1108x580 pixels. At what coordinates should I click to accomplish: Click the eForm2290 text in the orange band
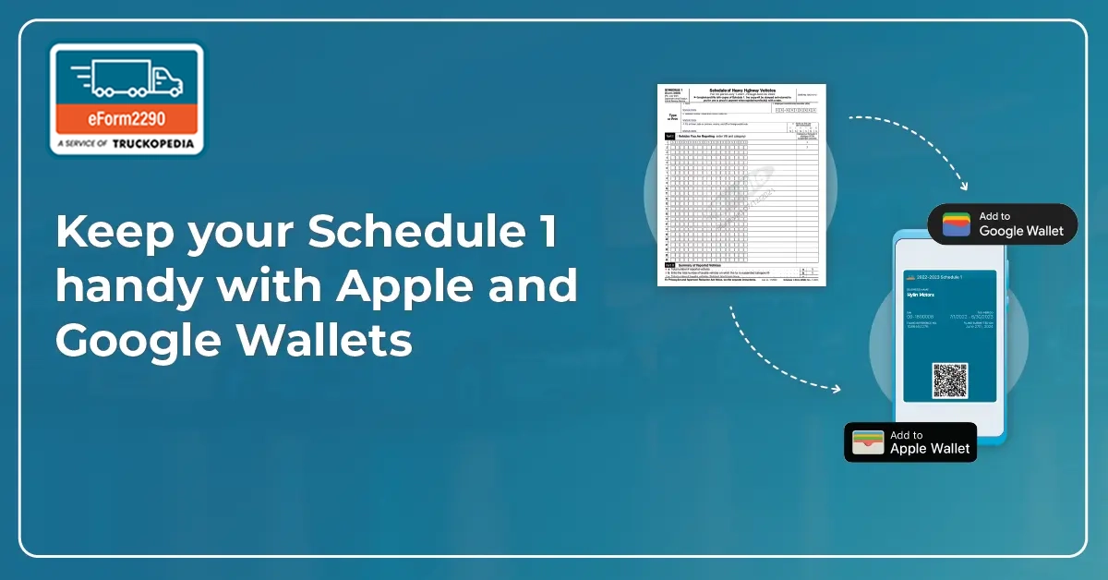pos(127,119)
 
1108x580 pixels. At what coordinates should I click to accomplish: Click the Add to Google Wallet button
pos(1002,224)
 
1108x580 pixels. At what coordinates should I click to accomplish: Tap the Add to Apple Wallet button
pos(910,441)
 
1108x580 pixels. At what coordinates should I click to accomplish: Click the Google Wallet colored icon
pos(956,224)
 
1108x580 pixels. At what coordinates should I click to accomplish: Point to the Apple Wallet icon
pos(868,442)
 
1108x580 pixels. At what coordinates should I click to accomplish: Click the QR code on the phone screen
pos(949,380)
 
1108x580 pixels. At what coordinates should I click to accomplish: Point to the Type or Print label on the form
pos(671,117)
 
